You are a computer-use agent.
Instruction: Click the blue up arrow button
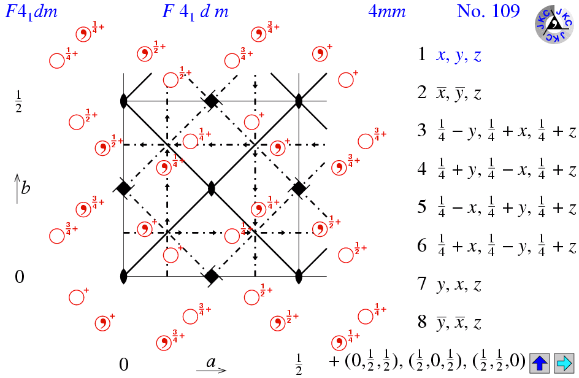click(x=540, y=363)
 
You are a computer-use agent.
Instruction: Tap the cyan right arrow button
click(x=562, y=363)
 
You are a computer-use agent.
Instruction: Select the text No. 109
click(x=488, y=11)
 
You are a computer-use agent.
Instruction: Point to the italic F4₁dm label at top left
click(x=31, y=12)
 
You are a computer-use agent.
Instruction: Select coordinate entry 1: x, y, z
click(x=450, y=55)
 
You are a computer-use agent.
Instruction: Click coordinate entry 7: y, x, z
click(x=450, y=285)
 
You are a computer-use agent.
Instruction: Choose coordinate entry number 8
click(x=450, y=323)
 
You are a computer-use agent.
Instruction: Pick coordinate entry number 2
click(x=450, y=93)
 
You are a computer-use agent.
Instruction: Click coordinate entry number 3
click(x=497, y=132)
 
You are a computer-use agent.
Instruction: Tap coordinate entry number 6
click(x=497, y=247)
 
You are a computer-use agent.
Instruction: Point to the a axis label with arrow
click(x=211, y=364)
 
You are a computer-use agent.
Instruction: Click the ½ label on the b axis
click(x=18, y=102)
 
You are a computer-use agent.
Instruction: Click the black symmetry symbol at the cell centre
click(x=212, y=188)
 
